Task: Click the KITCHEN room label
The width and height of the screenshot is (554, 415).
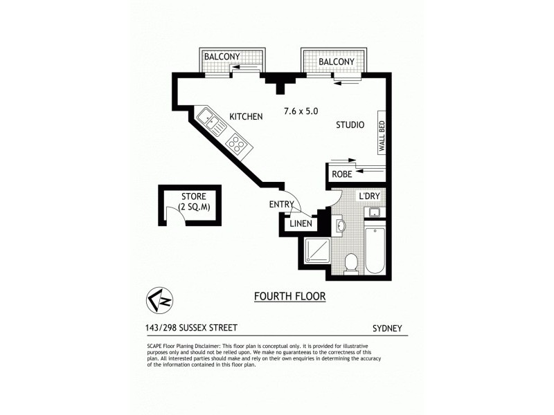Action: coord(246,117)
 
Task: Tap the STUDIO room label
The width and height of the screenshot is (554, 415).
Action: coord(350,125)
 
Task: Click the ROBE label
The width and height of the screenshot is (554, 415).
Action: coord(342,175)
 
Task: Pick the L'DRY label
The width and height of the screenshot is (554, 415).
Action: coord(368,197)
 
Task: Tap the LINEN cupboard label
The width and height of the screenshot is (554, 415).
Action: coord(300,224)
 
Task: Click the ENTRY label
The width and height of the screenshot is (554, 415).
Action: coord(282,205)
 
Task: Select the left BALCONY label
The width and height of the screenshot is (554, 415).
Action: coord(222,57)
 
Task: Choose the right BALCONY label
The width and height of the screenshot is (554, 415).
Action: coord(336,62)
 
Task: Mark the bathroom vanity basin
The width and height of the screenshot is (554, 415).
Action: coord(340,225)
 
